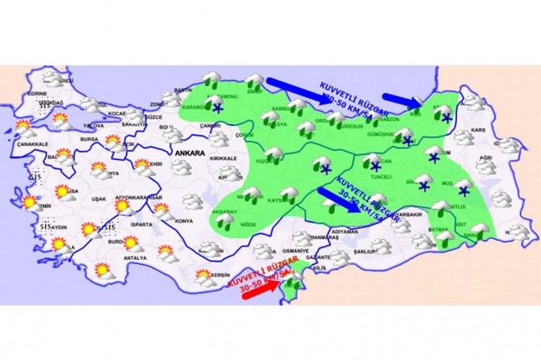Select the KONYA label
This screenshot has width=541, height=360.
pyautogui.click(x=183, y=220)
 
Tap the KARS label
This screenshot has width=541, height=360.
pyautogui.click(x=480, y=130)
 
